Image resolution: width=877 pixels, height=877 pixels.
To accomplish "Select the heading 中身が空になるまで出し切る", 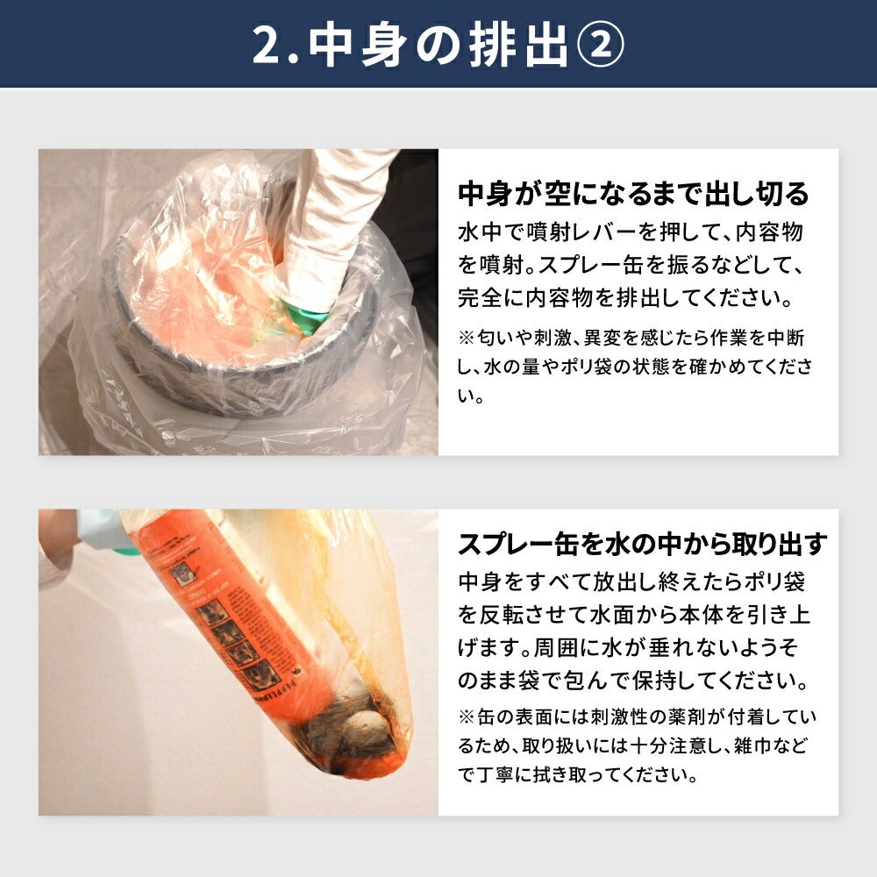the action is [x=634, y=194].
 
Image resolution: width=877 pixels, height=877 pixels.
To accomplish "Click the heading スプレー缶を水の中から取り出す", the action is [x=642, y=543].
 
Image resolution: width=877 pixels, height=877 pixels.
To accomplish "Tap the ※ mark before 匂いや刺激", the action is [x=467, y=338].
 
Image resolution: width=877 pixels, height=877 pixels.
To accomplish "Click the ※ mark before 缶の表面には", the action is [x=467, y=717].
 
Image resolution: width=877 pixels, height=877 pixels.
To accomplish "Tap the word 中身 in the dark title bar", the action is [x=357, y=46].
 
